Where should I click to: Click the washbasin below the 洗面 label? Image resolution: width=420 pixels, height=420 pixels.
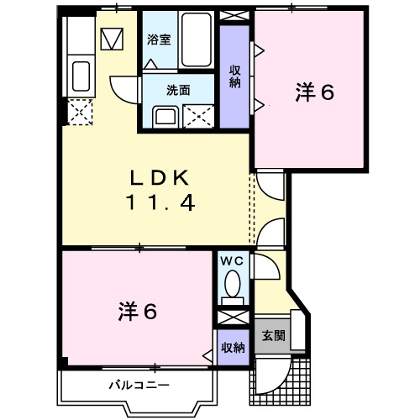coord(164,115)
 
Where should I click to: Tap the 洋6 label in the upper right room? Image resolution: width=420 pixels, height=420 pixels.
coord(314,92)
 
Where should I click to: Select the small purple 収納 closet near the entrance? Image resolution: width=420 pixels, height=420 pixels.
coord(233,347)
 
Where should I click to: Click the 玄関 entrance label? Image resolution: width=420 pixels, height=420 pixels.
coord(272,336)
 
